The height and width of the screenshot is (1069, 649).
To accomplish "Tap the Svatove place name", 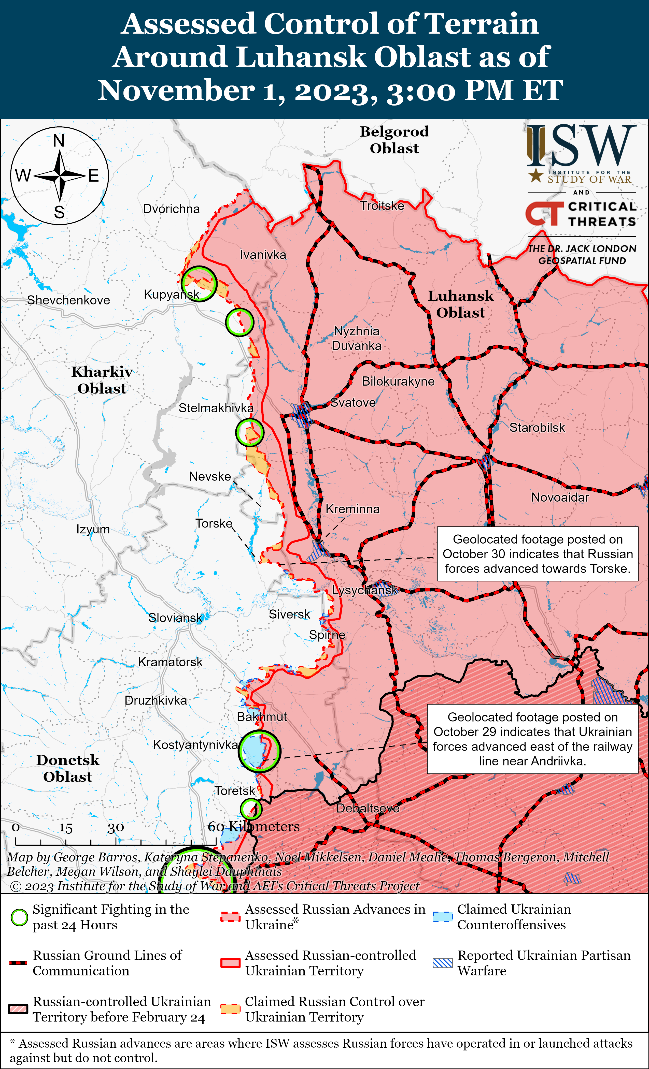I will click(x=353, y=403).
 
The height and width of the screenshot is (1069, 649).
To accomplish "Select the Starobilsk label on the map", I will click(x=537, y=428).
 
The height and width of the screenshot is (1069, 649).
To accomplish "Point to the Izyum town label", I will click(x=93, y=529).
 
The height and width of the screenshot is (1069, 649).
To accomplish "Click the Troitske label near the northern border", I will click(x=382, y=206).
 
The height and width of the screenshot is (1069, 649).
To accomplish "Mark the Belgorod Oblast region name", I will click(x=394, y=140).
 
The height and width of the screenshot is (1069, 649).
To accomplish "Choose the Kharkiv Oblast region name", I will click(x=102, y=380).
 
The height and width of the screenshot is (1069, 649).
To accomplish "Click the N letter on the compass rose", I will click(x=59, y=141).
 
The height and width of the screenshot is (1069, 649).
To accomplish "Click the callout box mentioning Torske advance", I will click(x=538, y=554).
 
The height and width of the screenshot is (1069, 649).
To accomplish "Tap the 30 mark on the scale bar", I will click(x=116, y=828).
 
